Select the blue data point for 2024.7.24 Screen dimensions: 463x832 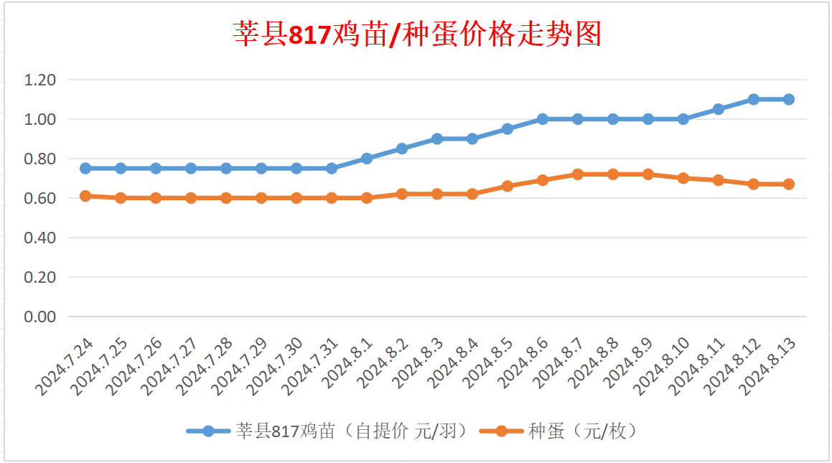[x=85, y=168]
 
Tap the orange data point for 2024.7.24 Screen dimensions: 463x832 [x=85, y=195]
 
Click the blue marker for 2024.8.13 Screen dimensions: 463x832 [x=788, y=99]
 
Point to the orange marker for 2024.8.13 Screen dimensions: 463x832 [x=788, y=184]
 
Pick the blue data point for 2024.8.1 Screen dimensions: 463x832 [x=367, y=159]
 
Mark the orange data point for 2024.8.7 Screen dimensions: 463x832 [x=578, y=174]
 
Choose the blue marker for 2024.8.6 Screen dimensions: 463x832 [x=543, y=119]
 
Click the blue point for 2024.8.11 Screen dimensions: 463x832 [x=718, y=109]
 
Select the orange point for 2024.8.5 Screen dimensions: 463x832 [x=508, y=186]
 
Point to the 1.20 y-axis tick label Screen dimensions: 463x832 [x=40, y=80]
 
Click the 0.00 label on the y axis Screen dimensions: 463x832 [x=40, y=317]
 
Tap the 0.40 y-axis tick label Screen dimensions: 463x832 [x=40, y=238]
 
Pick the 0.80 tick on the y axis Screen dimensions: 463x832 [x=40, y=159]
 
